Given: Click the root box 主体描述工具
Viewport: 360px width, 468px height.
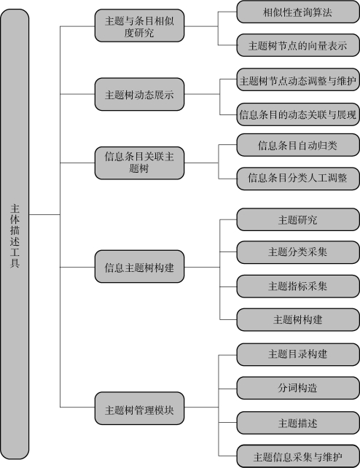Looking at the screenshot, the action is tap(15, 234).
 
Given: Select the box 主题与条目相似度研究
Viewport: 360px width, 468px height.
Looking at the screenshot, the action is tap(140, 26).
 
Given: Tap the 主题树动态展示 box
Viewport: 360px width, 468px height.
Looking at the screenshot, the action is tap(140, 94).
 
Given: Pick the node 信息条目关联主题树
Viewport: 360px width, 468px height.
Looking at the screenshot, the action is tap(140, 163).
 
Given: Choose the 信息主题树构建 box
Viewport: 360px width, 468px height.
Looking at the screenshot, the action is tap(140, 267).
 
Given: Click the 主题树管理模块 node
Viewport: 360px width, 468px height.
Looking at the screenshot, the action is tap(140, 408).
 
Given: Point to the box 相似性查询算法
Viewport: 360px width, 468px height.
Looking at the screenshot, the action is tap(298, 12).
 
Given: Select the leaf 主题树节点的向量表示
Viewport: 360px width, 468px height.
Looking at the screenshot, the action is tap(298, 45).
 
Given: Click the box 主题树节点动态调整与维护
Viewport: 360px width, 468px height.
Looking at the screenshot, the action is tap(298, 79).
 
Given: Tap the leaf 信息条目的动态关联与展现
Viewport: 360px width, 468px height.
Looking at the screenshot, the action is tap(298, 114).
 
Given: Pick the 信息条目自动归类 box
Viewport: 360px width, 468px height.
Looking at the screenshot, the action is tap(298, 145).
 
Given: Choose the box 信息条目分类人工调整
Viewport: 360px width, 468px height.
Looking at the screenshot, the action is tap(298, 179).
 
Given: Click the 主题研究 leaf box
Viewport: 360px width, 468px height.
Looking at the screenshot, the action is tap(298, 219).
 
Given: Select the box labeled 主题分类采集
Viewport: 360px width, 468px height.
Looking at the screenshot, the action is tap(298, 252).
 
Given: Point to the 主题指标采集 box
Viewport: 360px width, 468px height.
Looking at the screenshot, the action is tap(298, 286).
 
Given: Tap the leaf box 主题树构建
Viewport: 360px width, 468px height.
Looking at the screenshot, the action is tap(298, 320).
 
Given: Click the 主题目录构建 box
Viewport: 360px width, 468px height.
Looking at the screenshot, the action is tap(298, 354).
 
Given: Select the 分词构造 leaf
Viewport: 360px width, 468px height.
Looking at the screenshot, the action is tap(298, 388).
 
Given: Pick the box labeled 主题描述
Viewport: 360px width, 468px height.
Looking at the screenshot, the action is tap(298, 423).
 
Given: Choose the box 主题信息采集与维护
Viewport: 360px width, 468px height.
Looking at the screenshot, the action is tap(298, 456).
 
